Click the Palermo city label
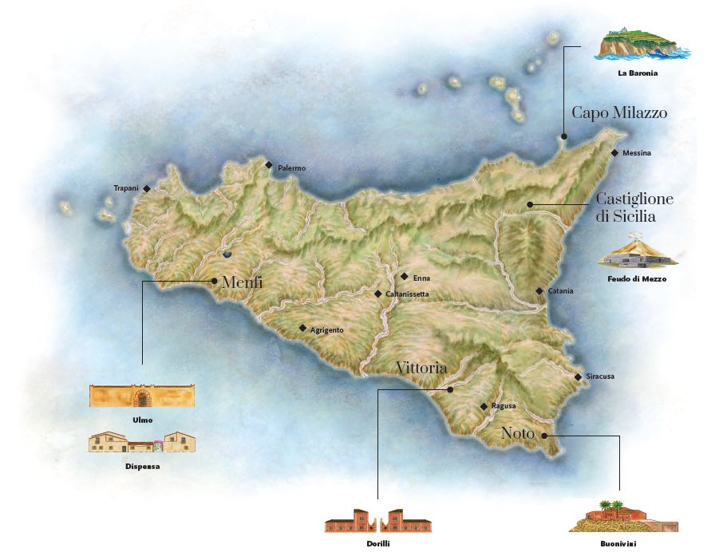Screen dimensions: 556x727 click(x=291, y=168)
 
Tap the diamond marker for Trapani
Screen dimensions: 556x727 click(x=147, y=188)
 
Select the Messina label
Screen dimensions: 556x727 click(x=637, y=153)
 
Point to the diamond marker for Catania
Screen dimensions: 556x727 click(x=539, y=291)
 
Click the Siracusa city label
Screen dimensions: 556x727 click(x=600, y=377)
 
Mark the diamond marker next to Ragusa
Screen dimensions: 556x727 click(x=484, y=406)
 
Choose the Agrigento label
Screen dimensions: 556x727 click(x=326, y=329)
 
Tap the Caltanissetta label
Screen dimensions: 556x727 click(x=407, y=294)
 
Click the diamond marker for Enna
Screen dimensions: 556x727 click(x=405, y=277)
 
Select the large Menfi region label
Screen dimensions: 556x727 click(x=243, y=282)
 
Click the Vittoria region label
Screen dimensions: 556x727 click(x=421, y=368)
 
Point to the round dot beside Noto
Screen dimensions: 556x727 click(x=543, y=436)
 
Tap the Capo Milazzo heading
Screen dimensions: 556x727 click(x=619, y=113)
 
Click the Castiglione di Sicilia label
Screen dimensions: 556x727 click(x=634, y=207)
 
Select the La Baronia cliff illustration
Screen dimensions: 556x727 click(x=642, y=45)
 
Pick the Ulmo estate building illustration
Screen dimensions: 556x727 click(x=142, y=396)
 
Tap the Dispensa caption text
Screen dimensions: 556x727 click(x=141, y=466)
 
